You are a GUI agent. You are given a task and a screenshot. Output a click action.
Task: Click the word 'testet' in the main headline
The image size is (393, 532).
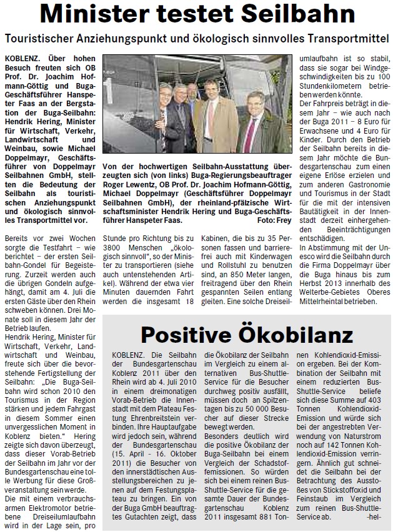[x=206, y=13]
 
